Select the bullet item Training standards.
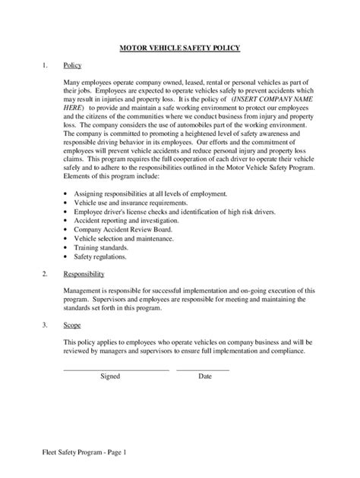pyautogui.click(x=100, y=247)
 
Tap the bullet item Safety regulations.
pyautogui.click(x=102, y=256)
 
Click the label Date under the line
pyautogui.click(x=205, y=376)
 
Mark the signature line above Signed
pyautogui.click(x=115, y=369)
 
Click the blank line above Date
pyautogui.click(x=203, y=369)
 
